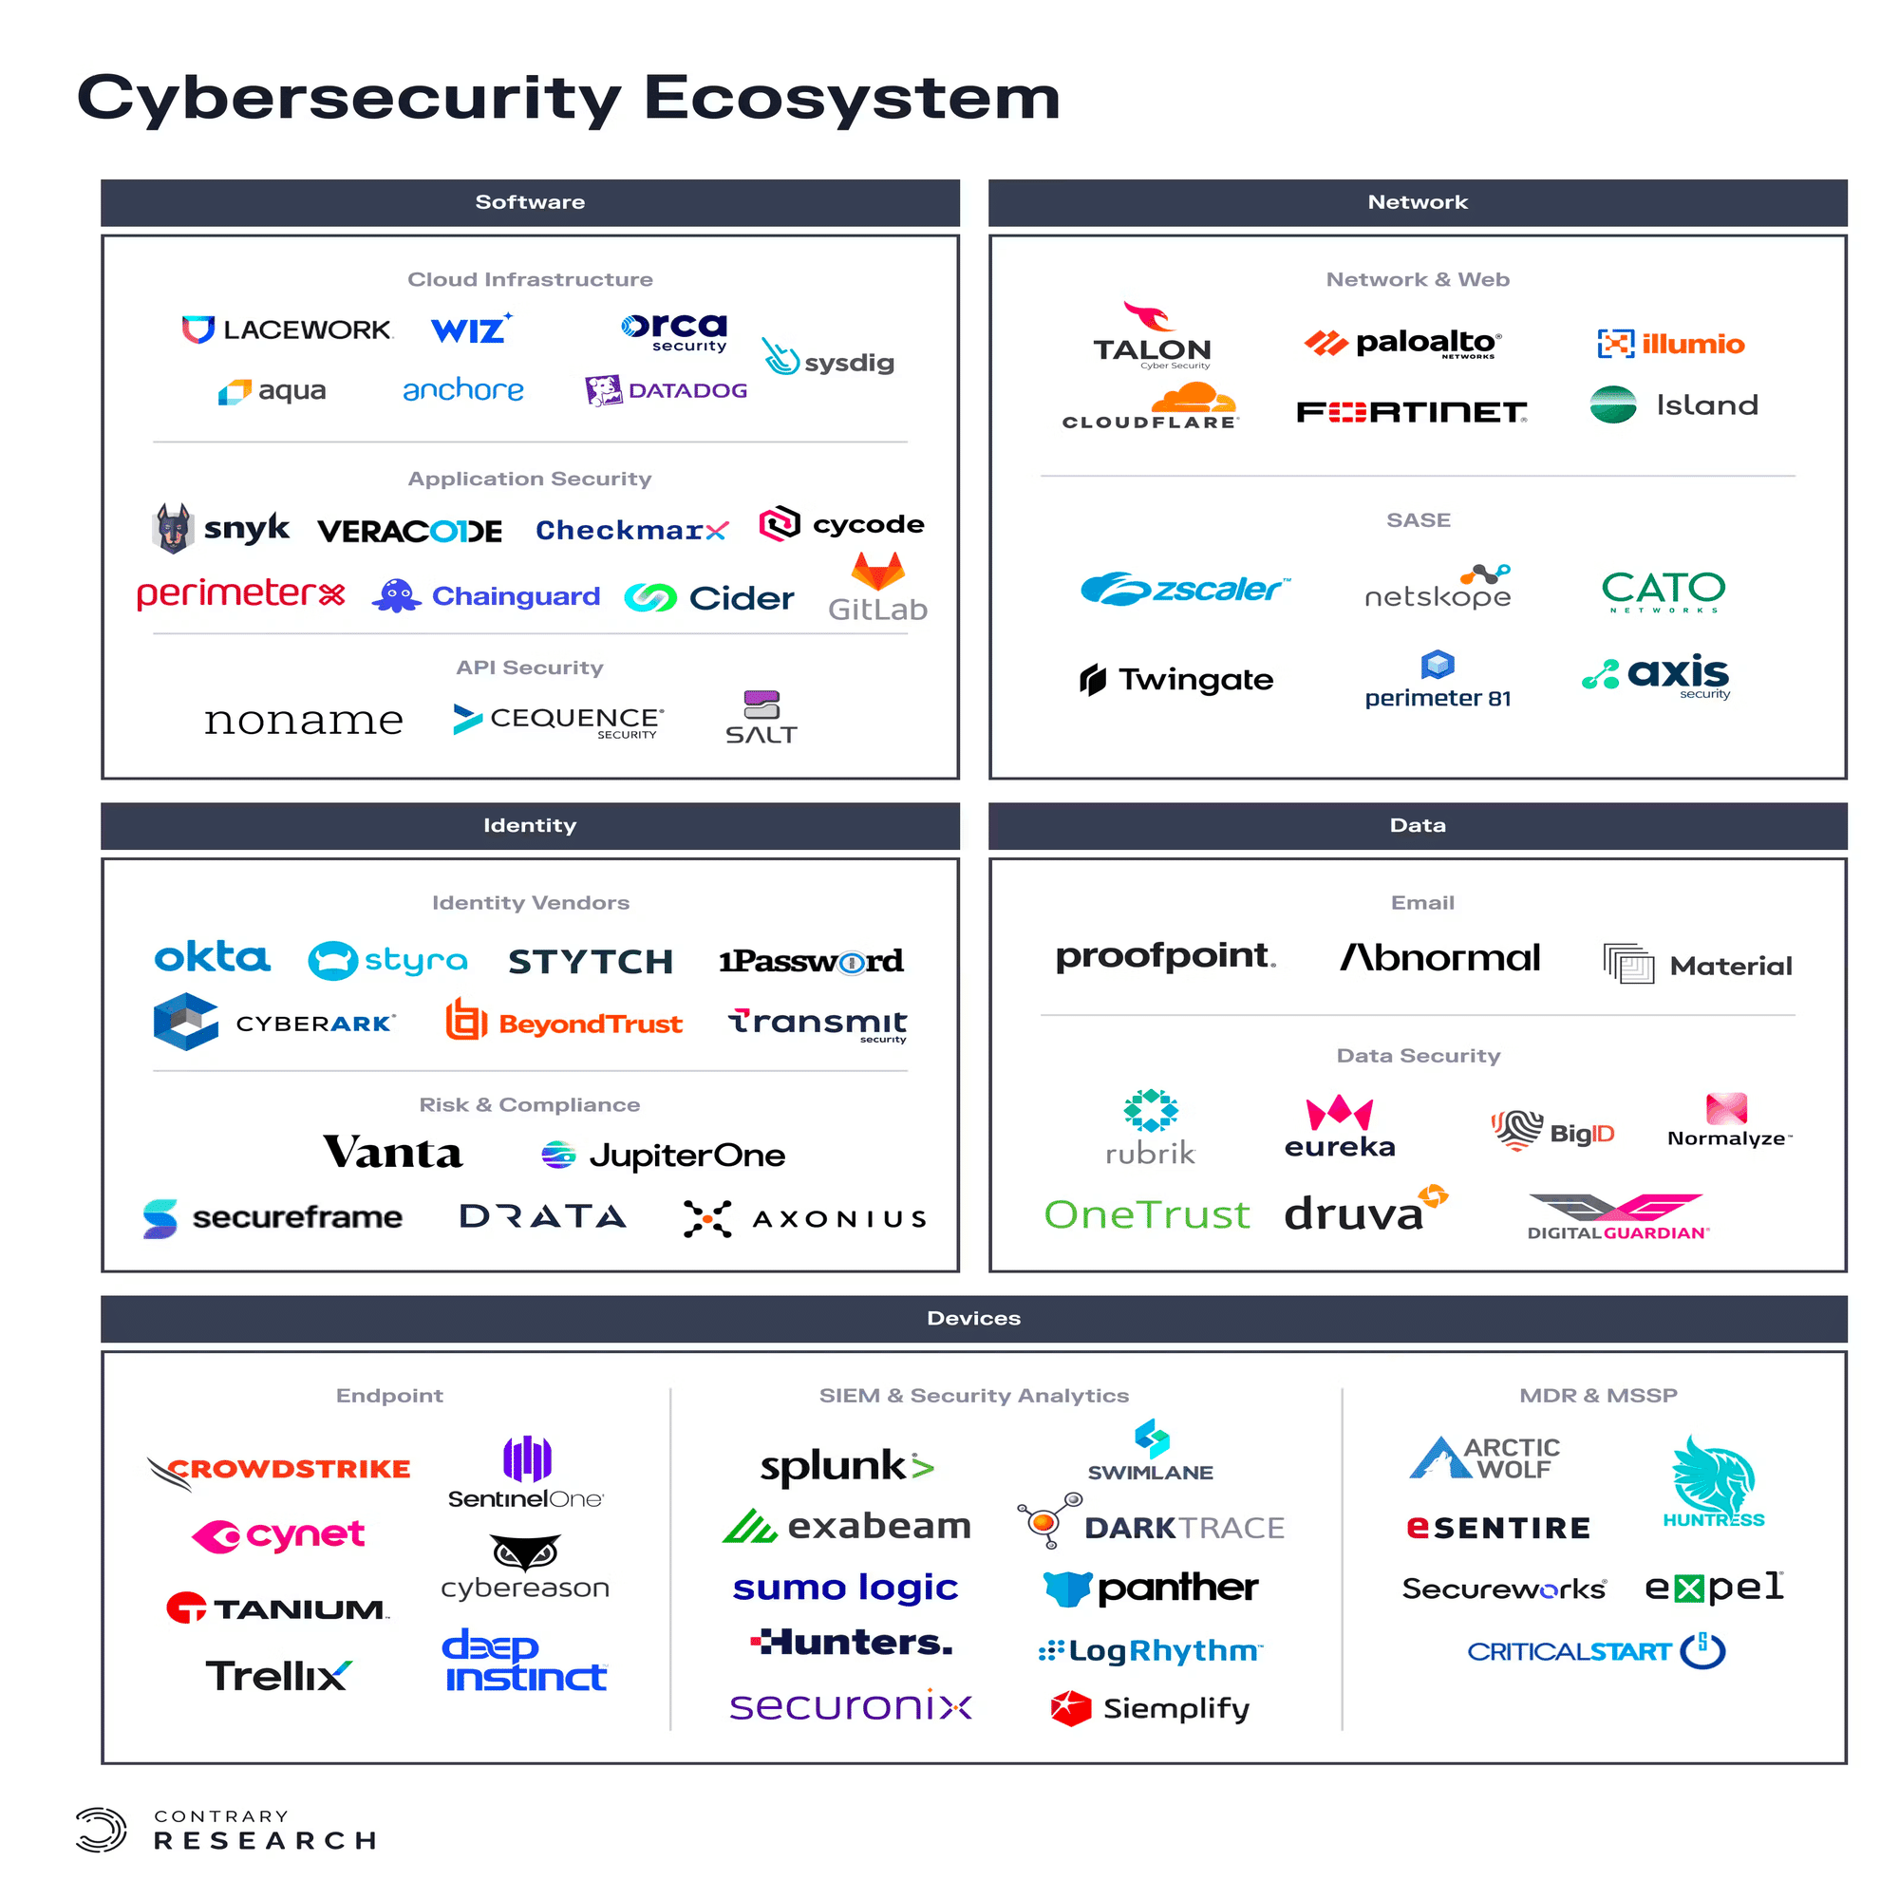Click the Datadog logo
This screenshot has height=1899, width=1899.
pos(666,390)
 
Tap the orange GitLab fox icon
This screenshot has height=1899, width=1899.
pos(877,570)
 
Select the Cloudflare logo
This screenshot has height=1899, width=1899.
pos(1150,406)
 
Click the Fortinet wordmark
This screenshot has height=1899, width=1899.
pos(1412,412)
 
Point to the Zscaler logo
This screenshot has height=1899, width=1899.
pos(1184,589)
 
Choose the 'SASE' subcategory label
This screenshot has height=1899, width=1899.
pos(1418,520)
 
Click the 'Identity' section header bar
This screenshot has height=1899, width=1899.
pos(530,826)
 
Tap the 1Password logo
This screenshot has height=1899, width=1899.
pos(811,960)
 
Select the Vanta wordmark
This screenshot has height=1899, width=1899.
pos(392,1152)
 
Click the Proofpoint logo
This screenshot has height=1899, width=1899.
pos(1166,956)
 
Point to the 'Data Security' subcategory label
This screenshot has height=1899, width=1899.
pos(1418,1056)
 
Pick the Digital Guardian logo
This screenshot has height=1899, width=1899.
pos(1618,1217)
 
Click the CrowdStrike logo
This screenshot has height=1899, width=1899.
pos(279,1472)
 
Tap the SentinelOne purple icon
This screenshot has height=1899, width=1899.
pos(527,1458)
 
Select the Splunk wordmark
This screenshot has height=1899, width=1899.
pos(846,1467)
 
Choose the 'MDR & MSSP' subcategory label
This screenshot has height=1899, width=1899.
pos(1598,1396)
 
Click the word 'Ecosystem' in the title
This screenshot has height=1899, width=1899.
pos(853,99)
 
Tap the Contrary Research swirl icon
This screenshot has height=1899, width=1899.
pos(102,1830)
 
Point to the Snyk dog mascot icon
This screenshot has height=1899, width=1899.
pos(173,528)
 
